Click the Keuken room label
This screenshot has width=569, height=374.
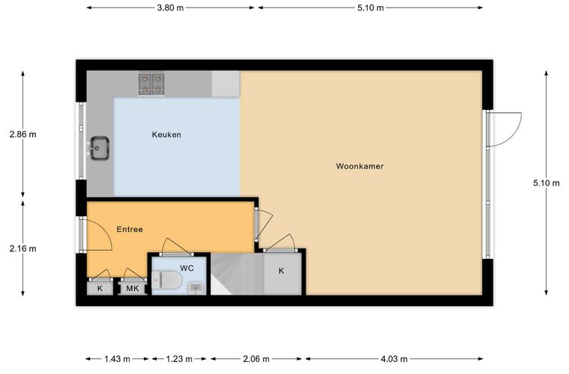point(166,135)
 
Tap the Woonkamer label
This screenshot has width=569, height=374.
point(359,166)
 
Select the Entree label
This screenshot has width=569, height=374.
point(130,230)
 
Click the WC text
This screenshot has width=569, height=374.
point(187,269)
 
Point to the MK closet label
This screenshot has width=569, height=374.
point(133,289)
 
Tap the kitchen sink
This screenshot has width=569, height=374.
point(99,148)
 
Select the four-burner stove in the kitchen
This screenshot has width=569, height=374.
point(152,84)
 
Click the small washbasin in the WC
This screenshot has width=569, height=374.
point(196,289)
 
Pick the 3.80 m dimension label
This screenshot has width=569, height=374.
point(170,7)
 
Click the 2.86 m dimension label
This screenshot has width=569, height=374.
point(23,135)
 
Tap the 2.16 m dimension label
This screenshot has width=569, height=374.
point(23,248)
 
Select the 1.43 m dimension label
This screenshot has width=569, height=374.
point(118,359)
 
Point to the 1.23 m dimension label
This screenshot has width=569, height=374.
point(179,359)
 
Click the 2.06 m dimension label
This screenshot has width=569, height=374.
point(256,359)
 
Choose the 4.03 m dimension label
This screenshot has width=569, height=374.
point(394,359)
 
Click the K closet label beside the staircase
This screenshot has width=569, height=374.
point(282,271)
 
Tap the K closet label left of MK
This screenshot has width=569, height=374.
point(100,289)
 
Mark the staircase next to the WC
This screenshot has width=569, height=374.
point(237,274)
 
